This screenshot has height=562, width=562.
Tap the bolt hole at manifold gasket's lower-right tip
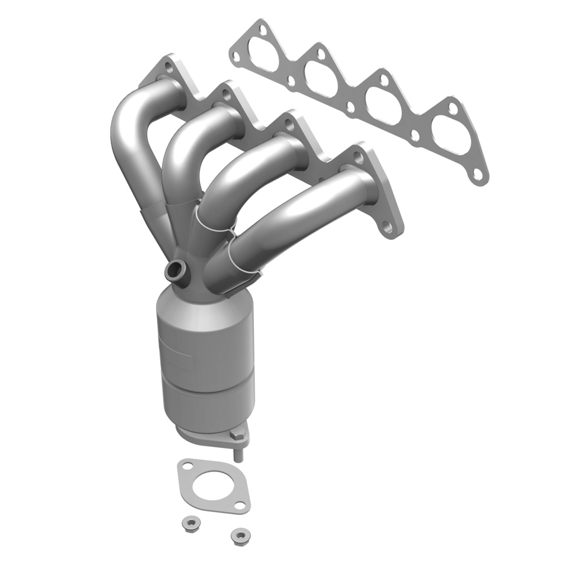478,175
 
